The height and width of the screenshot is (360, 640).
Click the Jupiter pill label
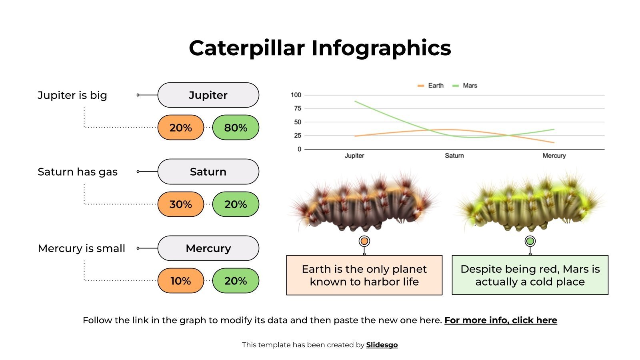pyautogui.click(x=208, y=95)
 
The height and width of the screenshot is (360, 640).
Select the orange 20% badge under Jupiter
pyautogui.click(x=181, y=128)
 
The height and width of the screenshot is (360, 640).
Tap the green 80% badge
pyautogui.click(x=236, y=128)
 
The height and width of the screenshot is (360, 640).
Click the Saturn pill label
pyautogui.click(x=208, y=172)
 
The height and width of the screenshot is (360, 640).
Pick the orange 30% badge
pyautogui.click(x=181, y=204)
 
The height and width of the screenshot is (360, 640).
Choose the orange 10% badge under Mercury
pyautogui.click(x=181, y=281)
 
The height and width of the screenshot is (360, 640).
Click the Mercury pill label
pyautogui.click(x=208, y=248)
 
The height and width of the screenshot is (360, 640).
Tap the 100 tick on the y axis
pyautogui.click(x=296, y=95)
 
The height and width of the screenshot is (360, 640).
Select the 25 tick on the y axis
pyautogui.click(x=298, y=136)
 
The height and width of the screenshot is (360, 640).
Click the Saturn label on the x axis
pyautogui.click(x=454, y=156)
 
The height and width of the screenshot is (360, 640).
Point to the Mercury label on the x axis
pyautogui.click(x=554, y=156)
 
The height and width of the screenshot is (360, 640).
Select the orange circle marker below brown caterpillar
pyautogui.click(x=364, y=241)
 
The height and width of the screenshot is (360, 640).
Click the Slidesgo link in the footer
pyautogui.click(x=382, y=345)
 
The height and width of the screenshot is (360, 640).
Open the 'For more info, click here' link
pyautogui.click(x=501, y=320)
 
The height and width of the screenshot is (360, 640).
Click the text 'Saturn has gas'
pyautogui.click(x=78, y=172)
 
